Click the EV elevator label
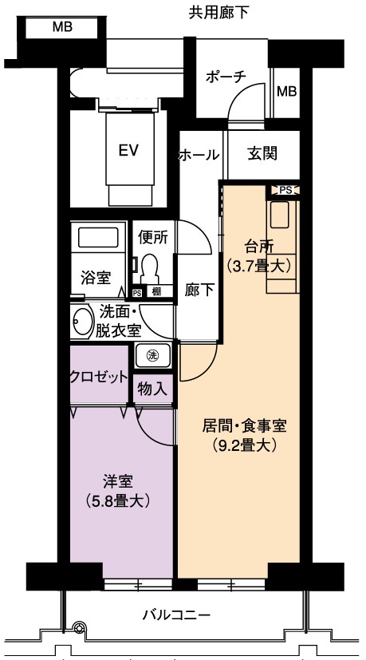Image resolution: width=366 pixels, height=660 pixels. pos(128,150)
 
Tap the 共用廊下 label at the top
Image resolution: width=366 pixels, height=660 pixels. pos(218,13)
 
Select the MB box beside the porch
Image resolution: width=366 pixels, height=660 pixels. pos(286,91)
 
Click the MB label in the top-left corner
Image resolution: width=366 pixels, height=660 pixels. pos(62,27)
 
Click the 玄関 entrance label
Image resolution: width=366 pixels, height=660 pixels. pos(262,154)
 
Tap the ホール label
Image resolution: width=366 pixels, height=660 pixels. pos(199,155)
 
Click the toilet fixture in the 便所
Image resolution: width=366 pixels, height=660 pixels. pos(150,269)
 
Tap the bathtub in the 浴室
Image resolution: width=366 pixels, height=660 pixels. pos(98,237)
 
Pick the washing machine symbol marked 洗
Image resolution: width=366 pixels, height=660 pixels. pos(152,355)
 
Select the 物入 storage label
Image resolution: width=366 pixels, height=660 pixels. pos(152,390)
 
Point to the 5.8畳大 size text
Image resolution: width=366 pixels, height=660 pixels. pos(118,501)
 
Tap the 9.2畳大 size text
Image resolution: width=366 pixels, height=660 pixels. pos(244,445)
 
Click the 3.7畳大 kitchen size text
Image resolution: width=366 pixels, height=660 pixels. pos(258,266)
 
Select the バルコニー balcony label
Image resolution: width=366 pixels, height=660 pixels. pos(176,616)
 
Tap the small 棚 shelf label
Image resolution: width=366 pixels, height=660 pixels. pos(156,291)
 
